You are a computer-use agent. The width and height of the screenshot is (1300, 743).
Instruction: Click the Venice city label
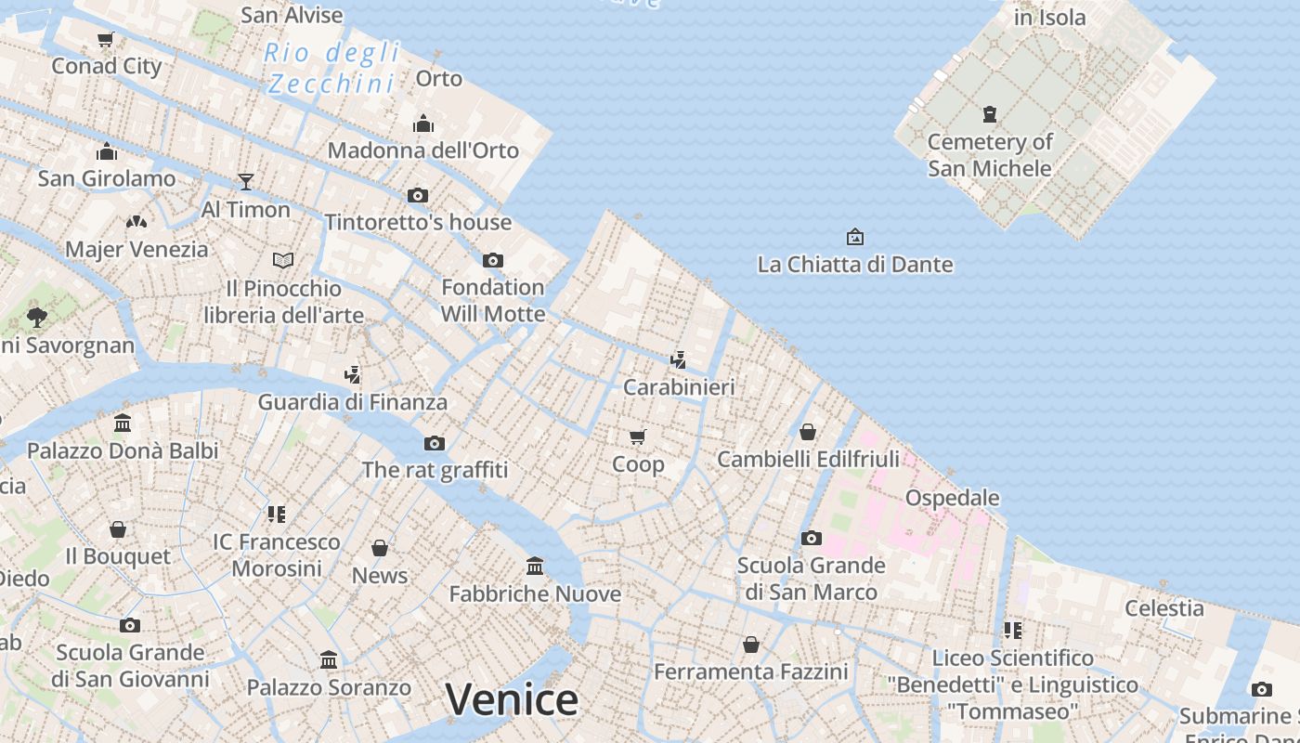coord(512,699)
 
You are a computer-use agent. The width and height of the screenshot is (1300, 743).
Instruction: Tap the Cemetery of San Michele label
coord(990,155)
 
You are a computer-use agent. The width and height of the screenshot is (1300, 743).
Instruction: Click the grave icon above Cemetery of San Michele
coord(990,114)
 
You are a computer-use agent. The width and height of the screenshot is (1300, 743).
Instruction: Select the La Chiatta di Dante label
coord(855,265)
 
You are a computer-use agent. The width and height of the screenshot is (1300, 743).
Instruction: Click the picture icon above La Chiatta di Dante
coord(855,238)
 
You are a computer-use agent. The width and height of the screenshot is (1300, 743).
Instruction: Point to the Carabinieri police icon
coord(679,359)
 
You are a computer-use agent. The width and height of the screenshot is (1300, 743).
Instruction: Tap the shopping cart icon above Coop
coord(638,437)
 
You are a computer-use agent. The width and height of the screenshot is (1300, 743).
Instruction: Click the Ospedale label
coord(952,498)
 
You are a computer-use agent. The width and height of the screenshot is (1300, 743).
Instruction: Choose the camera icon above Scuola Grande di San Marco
coord(812,539)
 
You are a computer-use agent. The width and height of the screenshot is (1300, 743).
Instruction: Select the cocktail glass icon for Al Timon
coord(246,181)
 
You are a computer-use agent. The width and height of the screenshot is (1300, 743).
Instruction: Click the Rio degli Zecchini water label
coord(331,68)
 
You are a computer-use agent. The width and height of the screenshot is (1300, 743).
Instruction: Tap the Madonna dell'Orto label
coord(422,150)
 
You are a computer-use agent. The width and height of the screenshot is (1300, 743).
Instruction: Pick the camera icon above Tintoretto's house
coord(418,195)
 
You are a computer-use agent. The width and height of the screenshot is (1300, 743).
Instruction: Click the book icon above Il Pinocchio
coord(283,260)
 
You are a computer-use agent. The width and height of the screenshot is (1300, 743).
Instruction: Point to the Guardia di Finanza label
coord(352,402)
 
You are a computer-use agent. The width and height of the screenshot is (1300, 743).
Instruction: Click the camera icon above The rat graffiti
coord(435,443)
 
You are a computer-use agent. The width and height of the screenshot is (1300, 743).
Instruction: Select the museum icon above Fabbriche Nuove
coord(535,566)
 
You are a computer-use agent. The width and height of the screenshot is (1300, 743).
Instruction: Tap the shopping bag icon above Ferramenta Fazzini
coord(751,645)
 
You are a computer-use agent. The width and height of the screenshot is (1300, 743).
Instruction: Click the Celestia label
coord(1164,608)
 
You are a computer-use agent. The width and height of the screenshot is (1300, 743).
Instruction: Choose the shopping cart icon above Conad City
coord(106,39)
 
